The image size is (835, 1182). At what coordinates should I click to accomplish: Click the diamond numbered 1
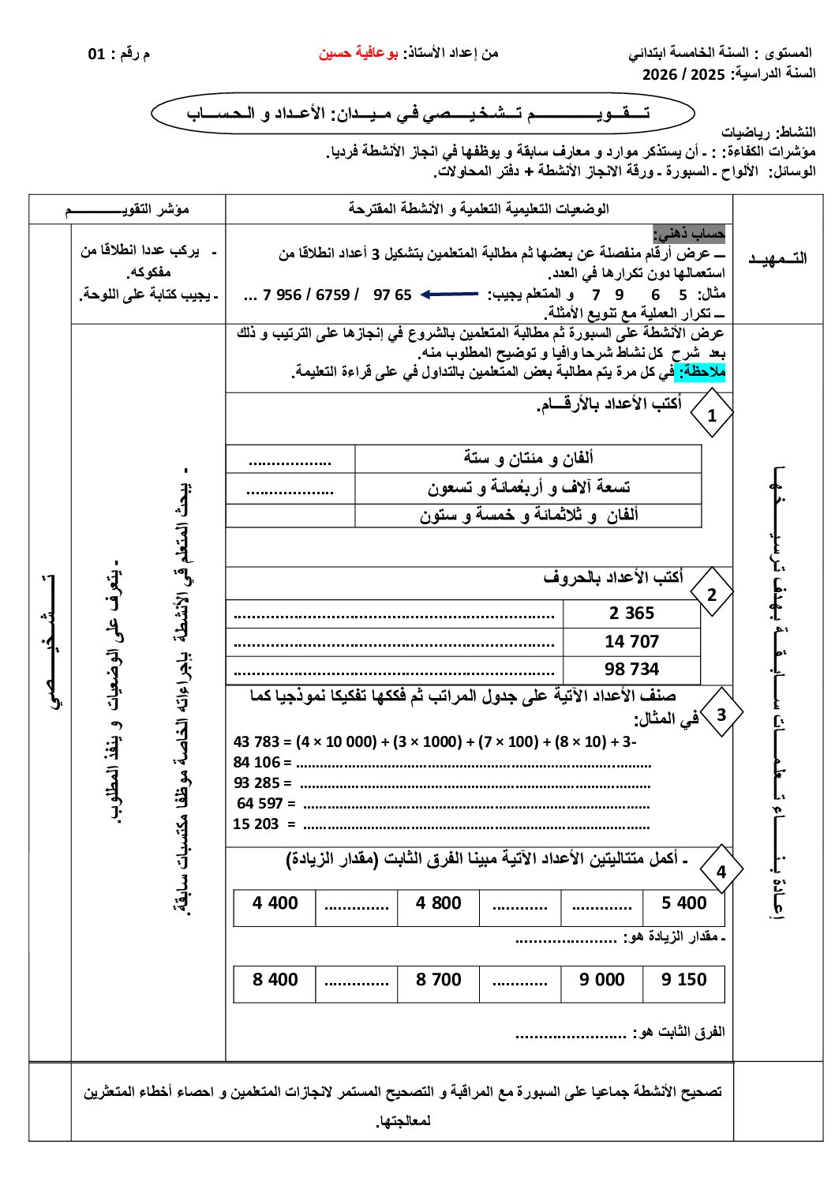(712, 415)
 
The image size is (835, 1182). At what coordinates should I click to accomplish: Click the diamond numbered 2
(712, 595)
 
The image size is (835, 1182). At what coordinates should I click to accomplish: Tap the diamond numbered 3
(721, 714)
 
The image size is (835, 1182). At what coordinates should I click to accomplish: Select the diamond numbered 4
(721, 872)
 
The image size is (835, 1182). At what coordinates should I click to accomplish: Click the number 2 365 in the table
(631, 614)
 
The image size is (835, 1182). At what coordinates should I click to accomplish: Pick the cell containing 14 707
(631, 642)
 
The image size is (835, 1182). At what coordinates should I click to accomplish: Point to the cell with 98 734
(631, 670)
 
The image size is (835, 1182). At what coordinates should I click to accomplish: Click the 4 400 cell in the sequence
(275, 903)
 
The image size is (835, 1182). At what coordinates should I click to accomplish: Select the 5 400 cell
(683, 903)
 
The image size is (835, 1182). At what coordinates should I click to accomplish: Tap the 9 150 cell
(683, 980)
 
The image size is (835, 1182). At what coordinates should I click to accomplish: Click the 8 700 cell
(439, 980)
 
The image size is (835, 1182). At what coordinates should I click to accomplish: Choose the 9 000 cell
(601, 980)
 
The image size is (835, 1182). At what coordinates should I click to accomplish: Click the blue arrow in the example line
(449, 295)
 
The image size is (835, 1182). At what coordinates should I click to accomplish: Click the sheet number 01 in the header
(96, 54)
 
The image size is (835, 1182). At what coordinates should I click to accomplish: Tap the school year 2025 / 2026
(683, 75)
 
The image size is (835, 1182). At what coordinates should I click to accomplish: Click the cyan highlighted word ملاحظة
(703, 372)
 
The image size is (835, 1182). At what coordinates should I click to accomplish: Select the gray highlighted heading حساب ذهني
(689, 234)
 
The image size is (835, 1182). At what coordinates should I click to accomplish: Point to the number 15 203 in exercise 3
(256, 824)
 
